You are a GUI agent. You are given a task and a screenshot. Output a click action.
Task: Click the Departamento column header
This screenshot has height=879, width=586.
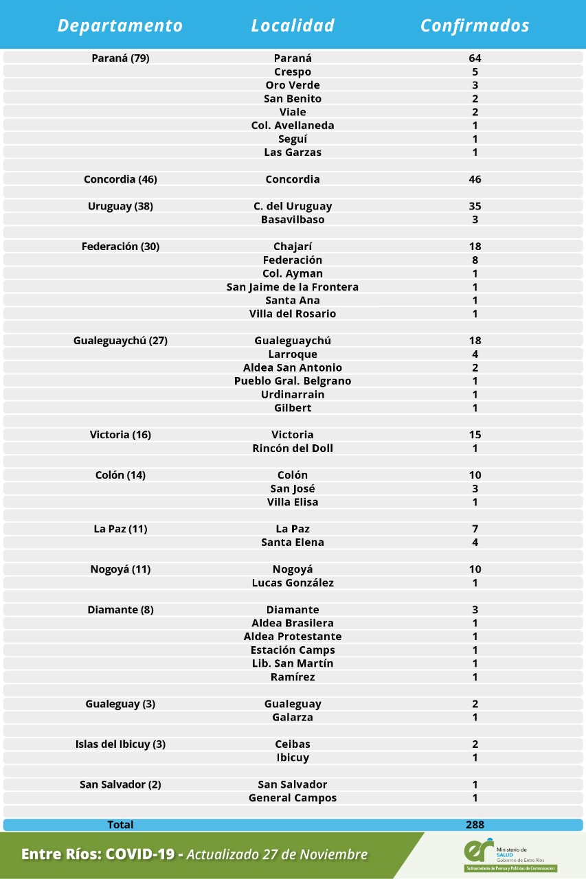[x=120, y=25]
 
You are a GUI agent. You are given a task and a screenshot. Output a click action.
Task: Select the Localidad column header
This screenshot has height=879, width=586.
[x=293, y=25]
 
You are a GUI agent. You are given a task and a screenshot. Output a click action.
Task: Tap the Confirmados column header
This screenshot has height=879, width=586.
[x=475, y=25]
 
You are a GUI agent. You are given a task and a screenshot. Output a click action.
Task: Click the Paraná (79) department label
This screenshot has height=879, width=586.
[x=120, y=58]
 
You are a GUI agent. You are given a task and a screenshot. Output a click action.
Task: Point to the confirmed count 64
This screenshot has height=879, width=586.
[x=475, y=58]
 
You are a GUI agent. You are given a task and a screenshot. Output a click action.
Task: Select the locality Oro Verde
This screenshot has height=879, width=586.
[x=293, y=85]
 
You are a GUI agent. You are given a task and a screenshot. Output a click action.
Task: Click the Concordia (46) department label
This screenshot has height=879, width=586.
[x=120, y=179]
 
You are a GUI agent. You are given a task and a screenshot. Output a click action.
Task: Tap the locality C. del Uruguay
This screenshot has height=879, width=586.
[x=293, y=206]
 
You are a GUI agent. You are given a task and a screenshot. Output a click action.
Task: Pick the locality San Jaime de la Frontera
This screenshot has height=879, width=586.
[x=293, y=287]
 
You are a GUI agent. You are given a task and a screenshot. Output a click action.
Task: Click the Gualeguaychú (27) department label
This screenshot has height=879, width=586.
[x=120, y=341]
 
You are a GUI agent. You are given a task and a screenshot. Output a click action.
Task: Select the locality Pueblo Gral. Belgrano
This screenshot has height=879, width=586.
[x=293, y=381]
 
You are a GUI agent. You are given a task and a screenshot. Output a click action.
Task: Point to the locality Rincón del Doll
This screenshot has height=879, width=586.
[x=293, y=448]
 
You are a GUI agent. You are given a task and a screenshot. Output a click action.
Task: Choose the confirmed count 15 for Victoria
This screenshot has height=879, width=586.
[x=475, y=435]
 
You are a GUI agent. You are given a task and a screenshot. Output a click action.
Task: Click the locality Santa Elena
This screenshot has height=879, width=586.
[x=293, y=543]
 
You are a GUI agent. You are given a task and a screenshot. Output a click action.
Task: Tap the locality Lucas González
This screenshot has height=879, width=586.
[x=293, y=583]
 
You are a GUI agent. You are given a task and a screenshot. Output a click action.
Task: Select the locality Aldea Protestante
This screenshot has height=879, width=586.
[x=293, y=637]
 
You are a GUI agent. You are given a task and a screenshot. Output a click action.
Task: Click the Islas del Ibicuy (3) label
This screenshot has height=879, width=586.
[x=120, y=744]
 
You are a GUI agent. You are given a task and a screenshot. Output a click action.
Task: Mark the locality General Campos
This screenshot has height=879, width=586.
[x=293, y=798]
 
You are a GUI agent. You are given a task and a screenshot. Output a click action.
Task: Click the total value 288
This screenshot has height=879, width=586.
[x=475, y=825]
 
